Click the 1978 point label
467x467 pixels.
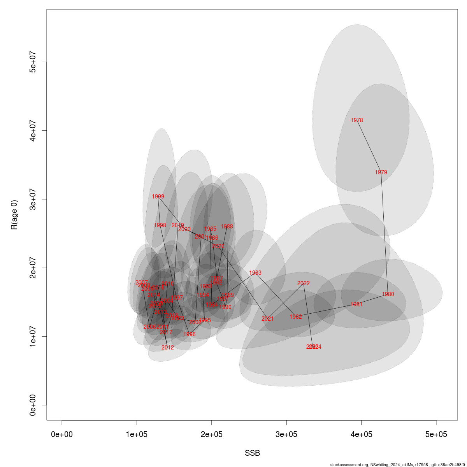coord(356,120)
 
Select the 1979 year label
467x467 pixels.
coord(381,172)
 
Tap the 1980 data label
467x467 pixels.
coord(388,294)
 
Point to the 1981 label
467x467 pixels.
coord(356,304)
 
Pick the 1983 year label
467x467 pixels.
coord(255,273)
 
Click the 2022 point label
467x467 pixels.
coord(304,283)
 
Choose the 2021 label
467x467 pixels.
coord(267,319)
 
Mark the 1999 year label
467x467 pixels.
coord(158,197)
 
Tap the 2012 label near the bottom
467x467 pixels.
coord(168,348)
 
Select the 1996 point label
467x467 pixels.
coord(190,334)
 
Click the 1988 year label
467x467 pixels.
coord(227,226)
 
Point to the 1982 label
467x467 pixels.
coord(296,317)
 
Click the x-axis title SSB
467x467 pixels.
coord(252,453)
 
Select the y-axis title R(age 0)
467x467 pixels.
coord(14,215)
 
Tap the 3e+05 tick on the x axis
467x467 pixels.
coord(286,434)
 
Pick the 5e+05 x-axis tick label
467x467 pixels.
coord(436,434)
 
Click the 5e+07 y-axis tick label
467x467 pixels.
coord(33,62)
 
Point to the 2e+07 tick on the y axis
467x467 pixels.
coord(33,268)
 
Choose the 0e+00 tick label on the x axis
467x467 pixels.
coord(62,434)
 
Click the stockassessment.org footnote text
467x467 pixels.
coord(397,464)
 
